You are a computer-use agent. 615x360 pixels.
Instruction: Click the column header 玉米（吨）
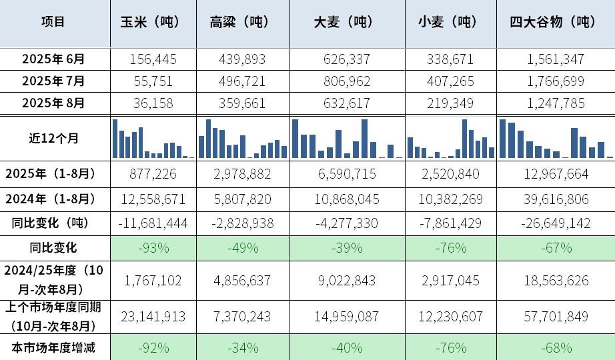click(153, 22)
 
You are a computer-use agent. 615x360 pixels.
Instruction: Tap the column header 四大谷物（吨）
click(556, 22)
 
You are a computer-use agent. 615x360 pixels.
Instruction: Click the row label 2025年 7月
click(54, 81)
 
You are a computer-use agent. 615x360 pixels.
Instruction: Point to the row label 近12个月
click(54, 138)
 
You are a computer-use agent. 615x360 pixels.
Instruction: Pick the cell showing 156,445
click(153, 59)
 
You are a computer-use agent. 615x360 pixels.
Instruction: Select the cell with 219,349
click(450, 103)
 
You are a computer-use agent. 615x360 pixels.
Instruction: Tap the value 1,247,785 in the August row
click(556, 103)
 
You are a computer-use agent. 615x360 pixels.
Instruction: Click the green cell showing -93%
click(153, 248)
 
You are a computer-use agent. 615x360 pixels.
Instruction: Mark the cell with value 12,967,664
click(556, 174)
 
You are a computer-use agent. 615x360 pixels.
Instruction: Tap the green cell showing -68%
click(556, 347)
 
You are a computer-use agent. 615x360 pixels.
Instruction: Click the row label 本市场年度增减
click(54, 347)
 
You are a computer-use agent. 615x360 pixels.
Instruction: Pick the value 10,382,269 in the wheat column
click(450, 199)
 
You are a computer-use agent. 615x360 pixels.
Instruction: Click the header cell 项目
click(54, 22)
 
